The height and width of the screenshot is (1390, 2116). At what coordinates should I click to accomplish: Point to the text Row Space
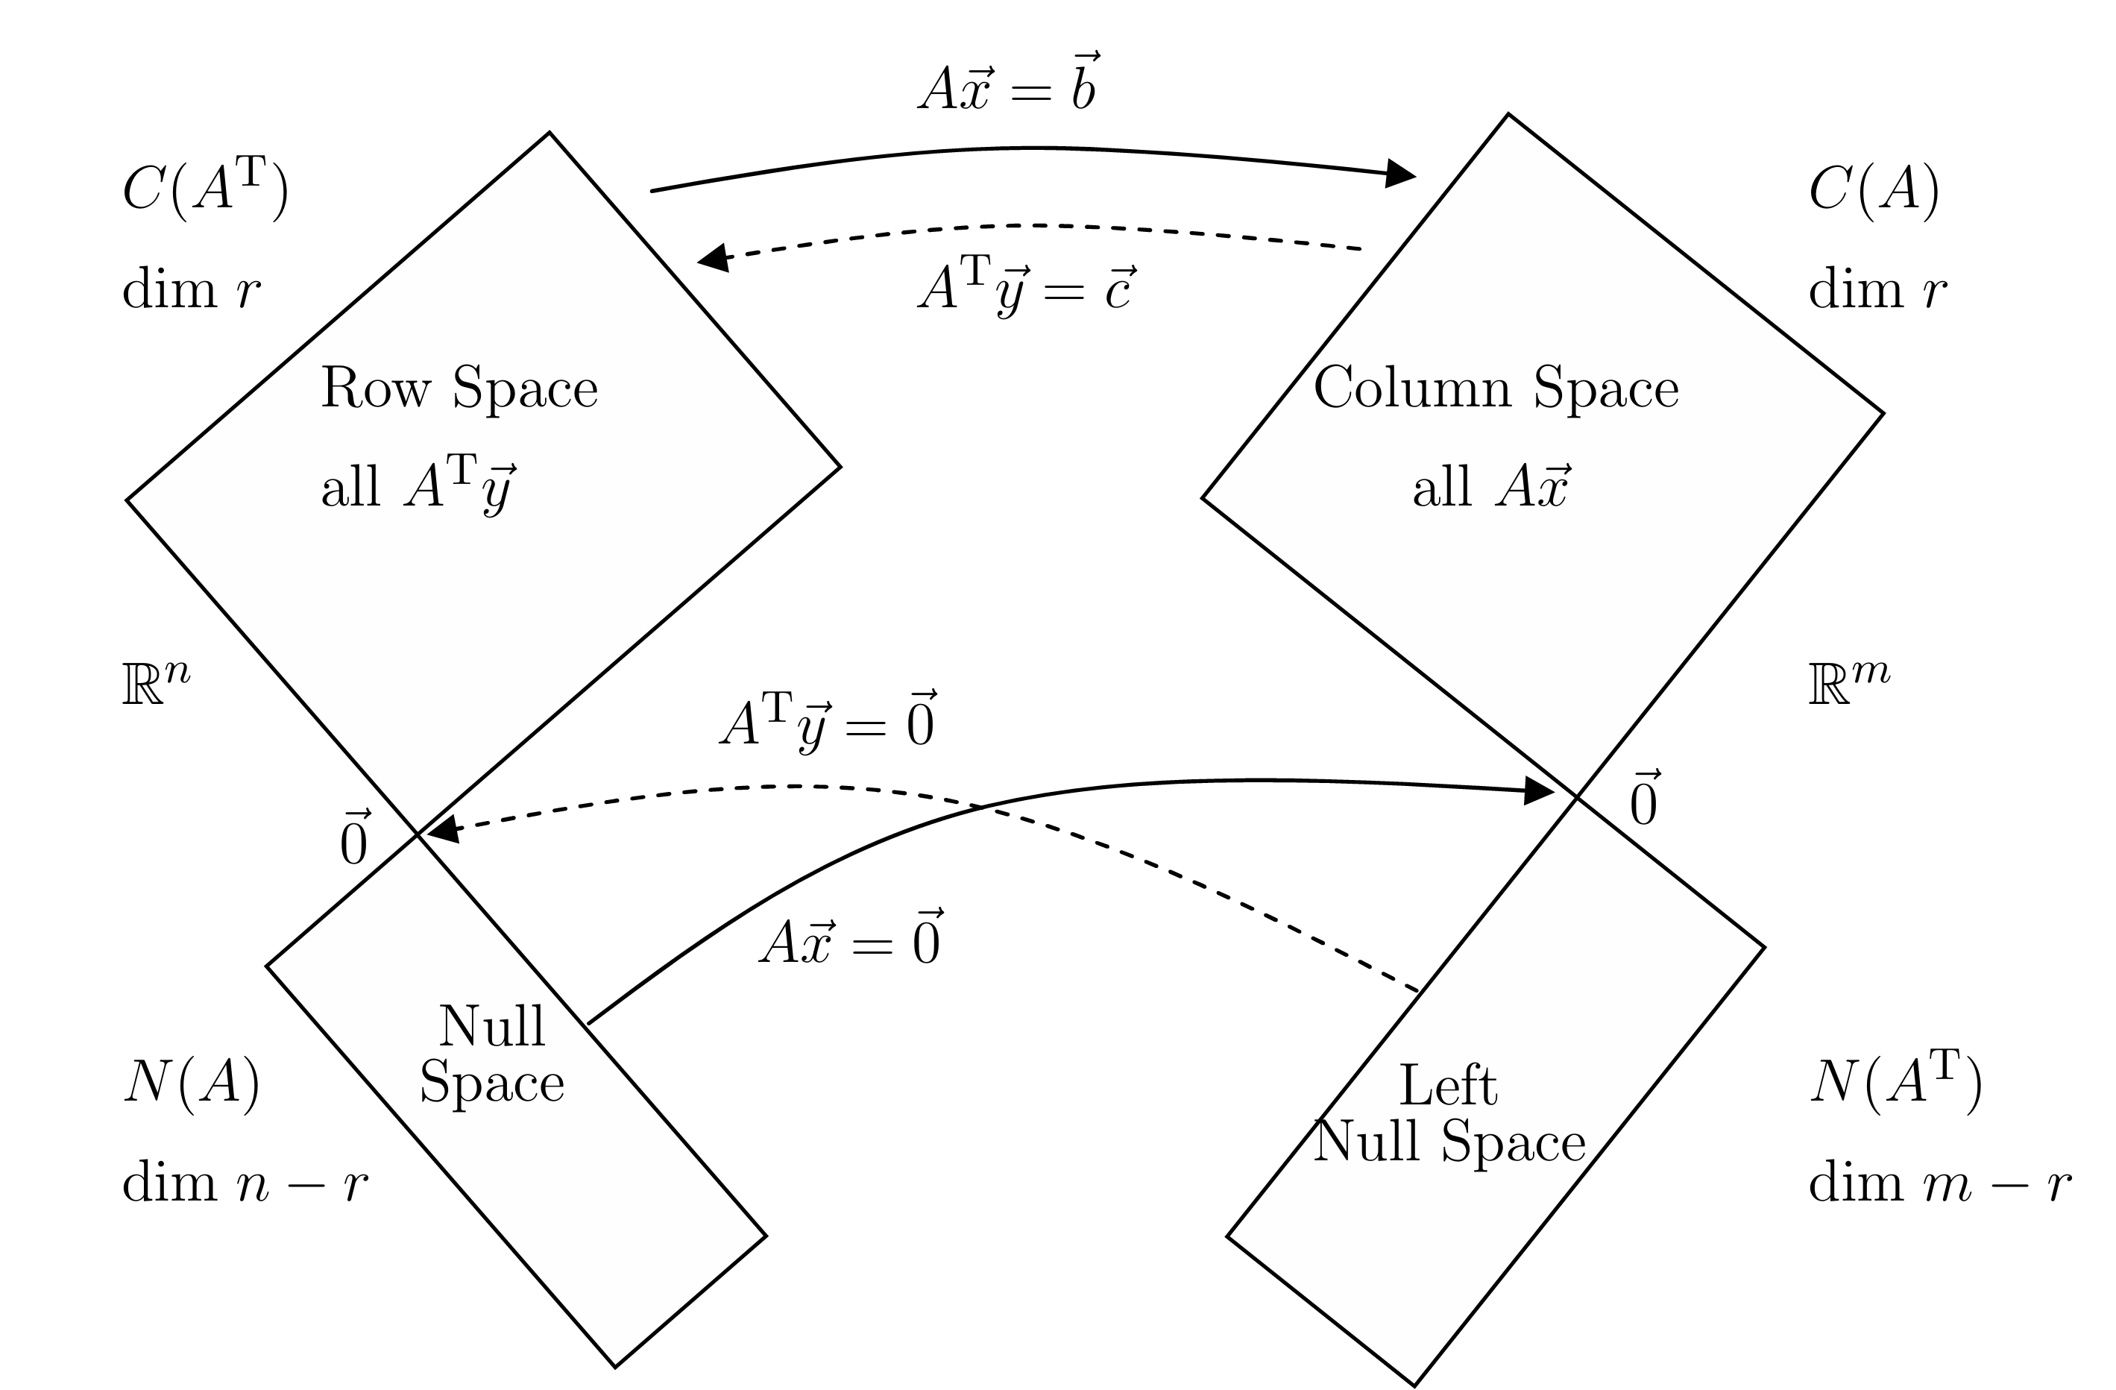click(459, 388)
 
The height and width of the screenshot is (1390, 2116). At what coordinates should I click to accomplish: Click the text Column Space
click(1496, 388)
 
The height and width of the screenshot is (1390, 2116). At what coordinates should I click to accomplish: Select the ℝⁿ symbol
click(157, 683)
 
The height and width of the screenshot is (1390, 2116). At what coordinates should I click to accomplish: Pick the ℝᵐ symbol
click(1849, 683)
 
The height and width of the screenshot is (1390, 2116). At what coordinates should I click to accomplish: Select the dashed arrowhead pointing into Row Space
click(714, 258)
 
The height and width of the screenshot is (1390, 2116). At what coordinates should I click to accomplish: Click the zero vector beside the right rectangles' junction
click(1644, 799)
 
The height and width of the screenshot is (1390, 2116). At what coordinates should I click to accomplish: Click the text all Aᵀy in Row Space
click(418, 488)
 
